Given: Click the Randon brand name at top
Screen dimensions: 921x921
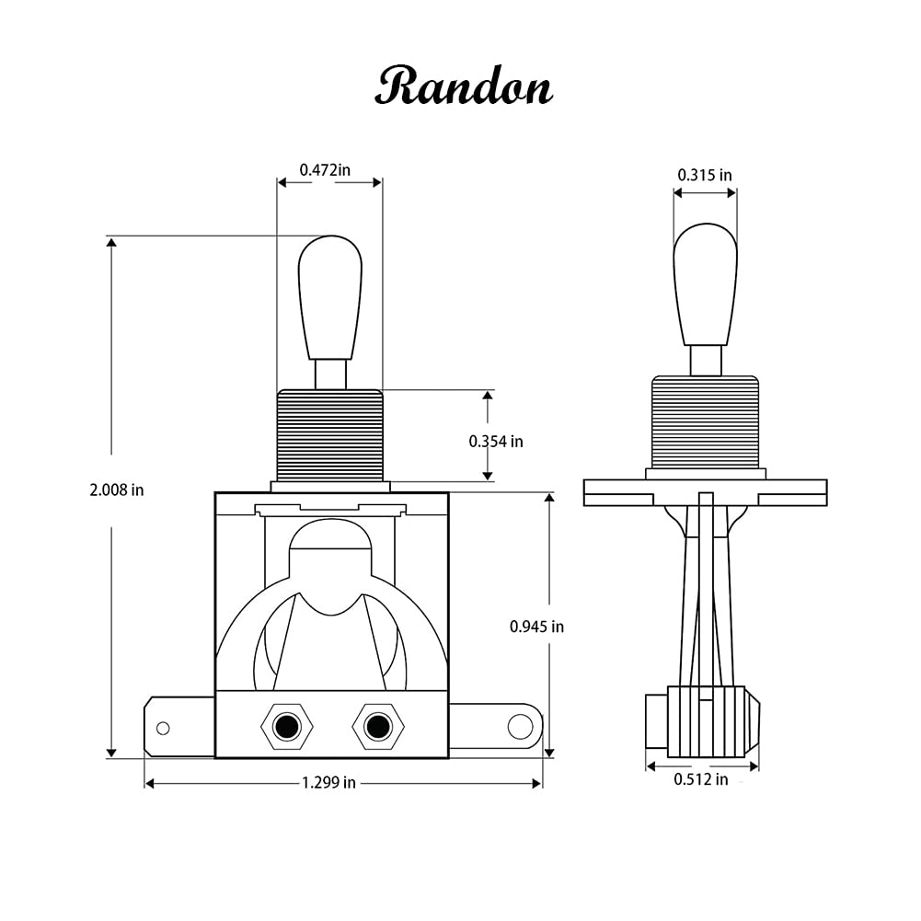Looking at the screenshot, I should click(x=463, y=87).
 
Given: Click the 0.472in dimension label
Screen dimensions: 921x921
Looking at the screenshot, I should click(x=325, y=169).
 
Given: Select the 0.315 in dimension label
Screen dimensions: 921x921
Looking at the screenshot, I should click(x=705, y=175).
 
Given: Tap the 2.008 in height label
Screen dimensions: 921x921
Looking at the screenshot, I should click(x=117, y=490).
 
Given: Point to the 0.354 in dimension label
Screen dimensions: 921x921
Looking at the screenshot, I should click(x=496, y=442).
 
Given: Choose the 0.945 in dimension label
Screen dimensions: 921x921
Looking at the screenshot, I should click(x=536, y=627).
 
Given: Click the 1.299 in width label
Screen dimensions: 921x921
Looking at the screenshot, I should click(x=328, y=783).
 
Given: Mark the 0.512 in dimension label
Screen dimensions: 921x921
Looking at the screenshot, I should click(x=700, y=779).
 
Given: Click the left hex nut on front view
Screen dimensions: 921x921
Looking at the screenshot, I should click(x=287, y=727).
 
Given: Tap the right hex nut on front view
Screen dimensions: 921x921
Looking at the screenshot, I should click(x=377, y=727).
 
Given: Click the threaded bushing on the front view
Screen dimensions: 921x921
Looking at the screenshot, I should click(x=329, y=434).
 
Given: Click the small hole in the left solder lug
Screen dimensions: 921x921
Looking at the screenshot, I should click(x=163, y=729).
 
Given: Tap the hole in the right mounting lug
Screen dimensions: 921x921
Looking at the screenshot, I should click(x=519, y=726).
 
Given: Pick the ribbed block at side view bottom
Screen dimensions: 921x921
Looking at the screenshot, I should click(x=705, y=721).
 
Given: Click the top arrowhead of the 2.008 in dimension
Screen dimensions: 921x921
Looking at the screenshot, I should click(x=111, y=243).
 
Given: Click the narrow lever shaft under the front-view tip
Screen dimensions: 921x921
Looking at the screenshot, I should click(x=330, y=374).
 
